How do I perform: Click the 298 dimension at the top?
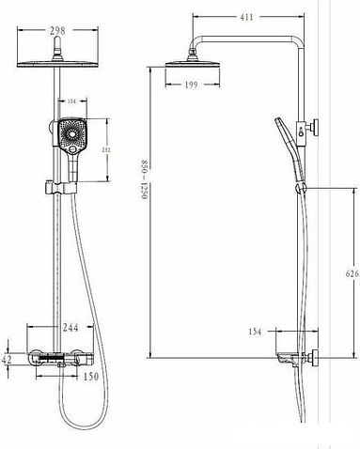pyautogui.click(x=59, y=29)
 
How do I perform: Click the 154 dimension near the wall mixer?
pyautogui.click(x=256, y=332)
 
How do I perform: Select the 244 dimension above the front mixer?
pyautogui.click(x=67, y=328)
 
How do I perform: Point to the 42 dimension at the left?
pyautogui.click(x=8, y=359)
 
